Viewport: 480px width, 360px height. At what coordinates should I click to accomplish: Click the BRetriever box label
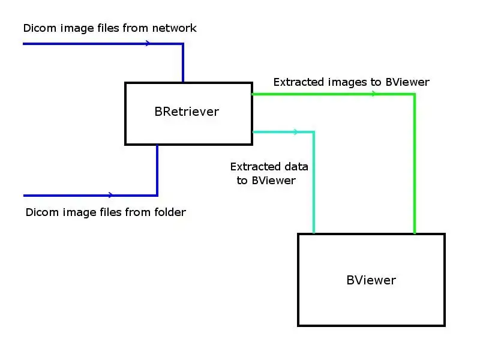coord(187,112)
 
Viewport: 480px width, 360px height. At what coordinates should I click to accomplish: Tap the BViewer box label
coord(371,280)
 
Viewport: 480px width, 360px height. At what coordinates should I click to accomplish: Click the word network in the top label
coord(174,28)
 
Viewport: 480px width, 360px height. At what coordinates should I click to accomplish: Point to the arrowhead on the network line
coord(148,43)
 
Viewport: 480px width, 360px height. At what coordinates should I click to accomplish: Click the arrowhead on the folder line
coord(110,195)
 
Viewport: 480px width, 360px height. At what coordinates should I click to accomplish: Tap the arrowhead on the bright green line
coord(374,94)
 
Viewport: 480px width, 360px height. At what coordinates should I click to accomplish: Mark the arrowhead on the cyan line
coord(295,131)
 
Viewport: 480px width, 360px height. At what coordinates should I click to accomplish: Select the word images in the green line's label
coord(343,82)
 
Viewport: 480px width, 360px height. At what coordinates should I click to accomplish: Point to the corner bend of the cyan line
coord(313,132)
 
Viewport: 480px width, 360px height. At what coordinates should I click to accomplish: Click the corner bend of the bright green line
coord(414,94)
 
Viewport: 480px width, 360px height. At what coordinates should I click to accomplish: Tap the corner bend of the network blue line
coord(182,44)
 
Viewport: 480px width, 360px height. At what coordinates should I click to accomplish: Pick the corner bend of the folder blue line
coord(157,195)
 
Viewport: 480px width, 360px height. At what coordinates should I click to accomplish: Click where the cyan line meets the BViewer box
coord(313,233)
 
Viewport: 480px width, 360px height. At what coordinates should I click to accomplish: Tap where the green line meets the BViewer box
coord(414,233)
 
